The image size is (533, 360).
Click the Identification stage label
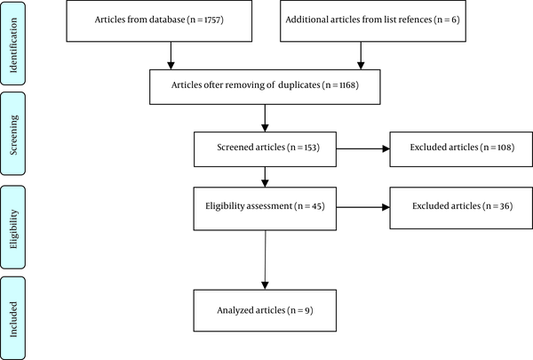13,45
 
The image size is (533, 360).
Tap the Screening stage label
13,135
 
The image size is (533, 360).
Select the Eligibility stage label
13,229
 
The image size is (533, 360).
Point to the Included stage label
13,319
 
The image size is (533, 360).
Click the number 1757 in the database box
211,20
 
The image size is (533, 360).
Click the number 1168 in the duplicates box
346,84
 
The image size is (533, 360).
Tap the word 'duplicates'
299,85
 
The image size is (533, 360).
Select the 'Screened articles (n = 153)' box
265,149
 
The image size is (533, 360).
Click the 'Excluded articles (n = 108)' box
461,149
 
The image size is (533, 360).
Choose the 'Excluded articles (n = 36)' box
461,208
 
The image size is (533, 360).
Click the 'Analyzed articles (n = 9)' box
265,310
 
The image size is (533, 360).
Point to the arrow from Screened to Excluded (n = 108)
363,148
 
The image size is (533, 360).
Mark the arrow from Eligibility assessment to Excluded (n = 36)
363,207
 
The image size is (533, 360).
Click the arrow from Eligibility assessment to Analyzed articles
265,260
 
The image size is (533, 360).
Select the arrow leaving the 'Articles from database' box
171,55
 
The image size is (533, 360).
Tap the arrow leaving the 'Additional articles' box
361,55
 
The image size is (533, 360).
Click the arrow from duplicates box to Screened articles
265,118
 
